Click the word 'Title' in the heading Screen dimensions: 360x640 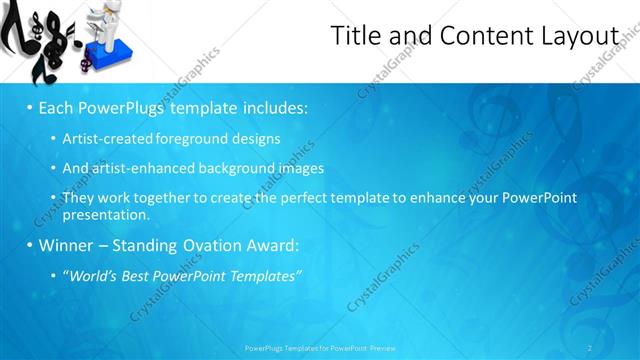(x=355, y=36)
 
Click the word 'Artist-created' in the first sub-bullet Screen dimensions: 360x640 (x=103, y=139)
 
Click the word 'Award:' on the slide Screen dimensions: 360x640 (x=277, y=245)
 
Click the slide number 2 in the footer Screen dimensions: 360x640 (x=591, y=348)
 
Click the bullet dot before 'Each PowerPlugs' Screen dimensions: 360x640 (x=30, y=107)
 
